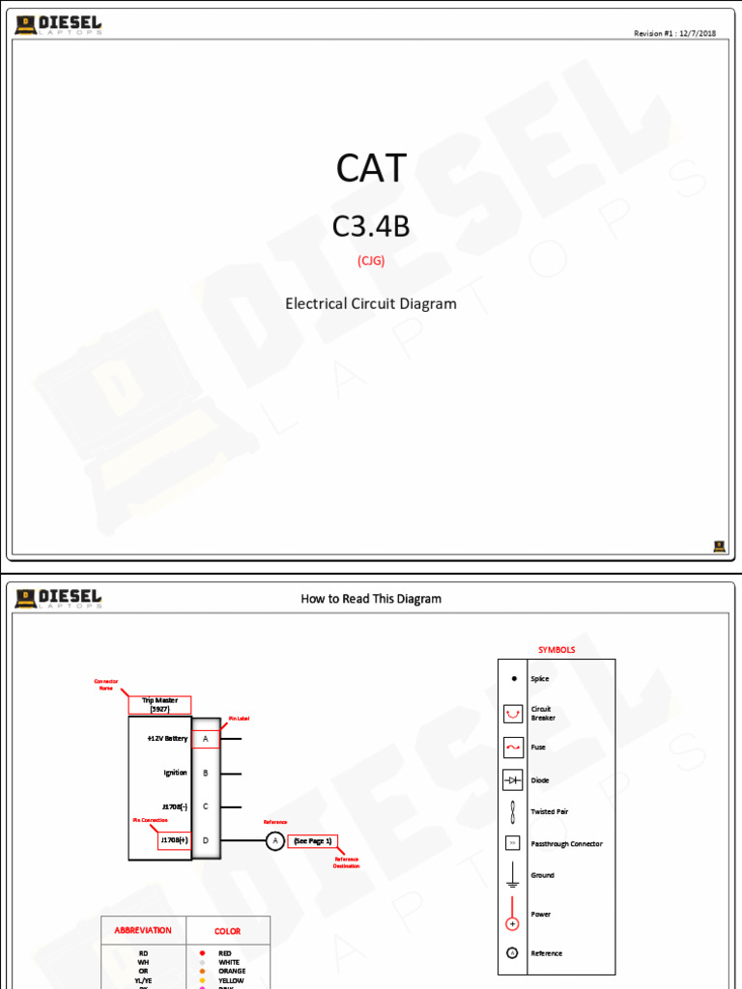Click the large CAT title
point(371,168)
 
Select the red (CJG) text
point(371,260)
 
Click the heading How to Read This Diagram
point(371,599)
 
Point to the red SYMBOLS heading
point(556,650)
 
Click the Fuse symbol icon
point(513,748)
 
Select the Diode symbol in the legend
point(513,780)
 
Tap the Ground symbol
point(513,875)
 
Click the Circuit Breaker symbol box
point(513,714)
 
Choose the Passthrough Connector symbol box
point(513,843)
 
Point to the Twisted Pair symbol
point(513,811)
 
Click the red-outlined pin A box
point(205,739)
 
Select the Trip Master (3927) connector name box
point(159,705)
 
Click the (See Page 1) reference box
point(312,841)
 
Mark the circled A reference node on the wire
point(274,841)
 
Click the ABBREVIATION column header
point(143,931)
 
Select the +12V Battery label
point(167,739)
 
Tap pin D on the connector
point(205,841)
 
